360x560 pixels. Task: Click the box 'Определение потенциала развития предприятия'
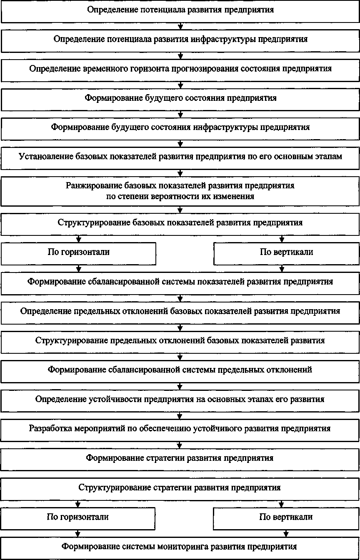pos(180,10)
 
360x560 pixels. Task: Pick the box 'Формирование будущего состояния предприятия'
pos(180,98)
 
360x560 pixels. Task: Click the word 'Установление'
pos(43,157)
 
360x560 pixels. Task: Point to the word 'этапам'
pos(328,157)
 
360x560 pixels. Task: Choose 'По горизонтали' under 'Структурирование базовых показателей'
pos(79,252)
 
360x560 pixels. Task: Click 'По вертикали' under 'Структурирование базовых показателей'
pos(286,252)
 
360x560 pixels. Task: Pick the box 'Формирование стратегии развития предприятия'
pos(180,458)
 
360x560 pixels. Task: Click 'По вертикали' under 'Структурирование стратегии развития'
pos(286,517)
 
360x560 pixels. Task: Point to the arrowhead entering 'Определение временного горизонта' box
pos(180,56)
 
